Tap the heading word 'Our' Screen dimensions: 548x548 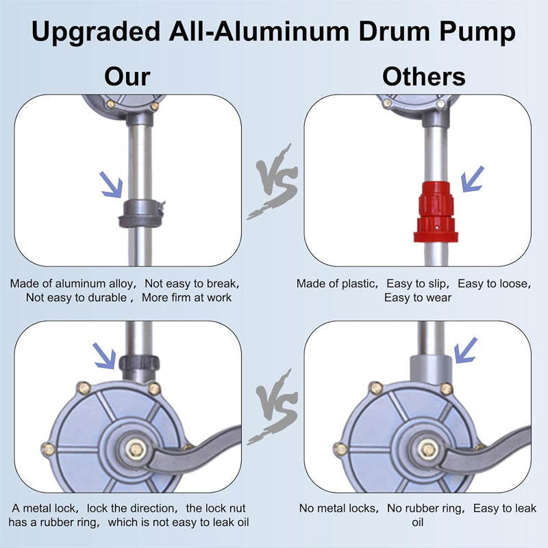127,76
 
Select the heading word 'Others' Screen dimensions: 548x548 423,76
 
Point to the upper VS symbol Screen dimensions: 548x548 273,182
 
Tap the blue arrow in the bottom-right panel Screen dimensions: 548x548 465,349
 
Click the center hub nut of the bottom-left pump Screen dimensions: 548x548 134,449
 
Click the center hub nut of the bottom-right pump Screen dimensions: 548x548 429,449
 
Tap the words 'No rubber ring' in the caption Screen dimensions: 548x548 420,508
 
